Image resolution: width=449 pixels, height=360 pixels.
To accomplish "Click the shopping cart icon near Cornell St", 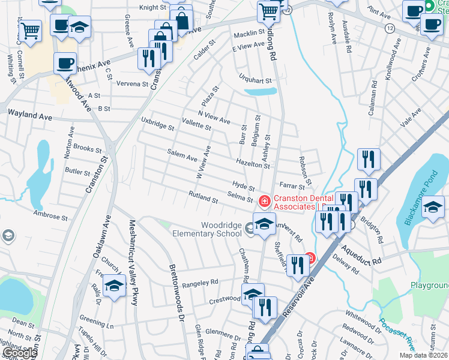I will [x=30, y=29].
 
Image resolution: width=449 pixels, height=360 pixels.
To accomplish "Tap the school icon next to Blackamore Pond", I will [x=433, y=207].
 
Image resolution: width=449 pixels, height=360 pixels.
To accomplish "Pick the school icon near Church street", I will [x=114, y=286].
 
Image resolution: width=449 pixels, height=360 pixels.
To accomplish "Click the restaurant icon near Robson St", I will [x=369, y=159].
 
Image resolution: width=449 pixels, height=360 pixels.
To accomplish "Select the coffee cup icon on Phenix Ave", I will [x=65, y=62].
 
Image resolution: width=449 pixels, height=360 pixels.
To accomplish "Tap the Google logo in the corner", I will [x=20, y=353].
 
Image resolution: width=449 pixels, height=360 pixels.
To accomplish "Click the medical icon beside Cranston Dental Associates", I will [x=263, y=200].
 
